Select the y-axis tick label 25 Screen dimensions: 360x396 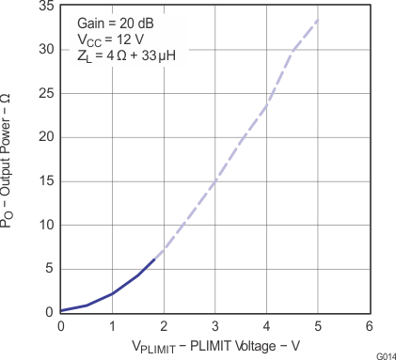[44, 93]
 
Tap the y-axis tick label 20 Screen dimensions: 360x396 [44, 136]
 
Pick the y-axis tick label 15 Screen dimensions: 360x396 [44, 180]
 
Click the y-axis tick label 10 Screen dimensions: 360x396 [44, 225]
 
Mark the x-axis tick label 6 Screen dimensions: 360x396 [370, 325]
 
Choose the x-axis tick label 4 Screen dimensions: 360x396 [266, 325]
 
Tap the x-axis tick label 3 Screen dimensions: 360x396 [215, 325]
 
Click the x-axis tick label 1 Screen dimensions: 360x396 [112, 325]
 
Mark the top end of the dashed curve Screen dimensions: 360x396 [318, 20]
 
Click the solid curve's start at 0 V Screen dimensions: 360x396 [61, 310]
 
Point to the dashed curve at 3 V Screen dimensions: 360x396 [215, 181]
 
